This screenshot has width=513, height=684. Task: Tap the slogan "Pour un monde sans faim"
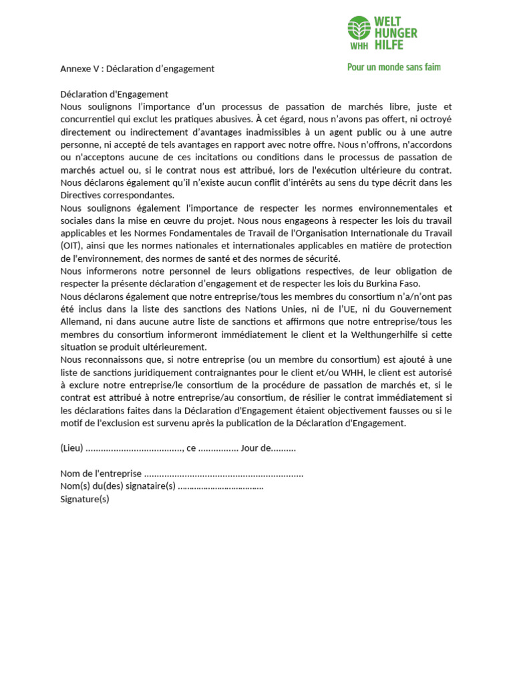pyautogui.click(x=393, y=67)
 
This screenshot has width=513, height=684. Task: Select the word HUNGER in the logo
pyautogui.click(x=396, y=33)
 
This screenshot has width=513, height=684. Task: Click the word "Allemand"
pyautogui.click(x=79, y=321)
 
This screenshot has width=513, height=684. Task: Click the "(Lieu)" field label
pyautogui.click(x=71, y=448)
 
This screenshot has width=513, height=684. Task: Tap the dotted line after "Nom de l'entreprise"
pyautogui.click(x=224, y=474)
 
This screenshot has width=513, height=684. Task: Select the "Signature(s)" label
pyautogui.click(x=84, y=499)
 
